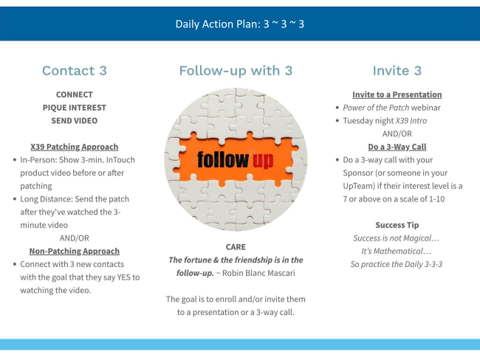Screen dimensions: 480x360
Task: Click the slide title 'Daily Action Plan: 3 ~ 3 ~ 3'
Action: tap(240, 24)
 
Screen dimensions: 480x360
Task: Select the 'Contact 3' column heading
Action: tap(75, 71)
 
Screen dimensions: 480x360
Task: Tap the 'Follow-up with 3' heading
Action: tap(236, 71)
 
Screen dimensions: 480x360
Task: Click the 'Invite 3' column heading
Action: tap(397, 71)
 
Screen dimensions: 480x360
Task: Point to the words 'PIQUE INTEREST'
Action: tap(75, 108)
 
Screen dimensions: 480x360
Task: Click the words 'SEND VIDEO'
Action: tap(75, 121)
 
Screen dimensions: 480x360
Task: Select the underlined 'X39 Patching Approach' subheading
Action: tap(75, 147)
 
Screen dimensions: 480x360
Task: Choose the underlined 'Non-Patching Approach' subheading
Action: tap(75, 251)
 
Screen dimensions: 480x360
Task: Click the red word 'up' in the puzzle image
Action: tap(263, 161)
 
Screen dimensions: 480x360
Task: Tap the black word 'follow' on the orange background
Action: tap(223, 159)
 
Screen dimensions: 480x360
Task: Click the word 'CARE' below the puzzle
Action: tap(236, 247)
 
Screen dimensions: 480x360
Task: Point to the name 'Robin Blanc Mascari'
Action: tap(258, 273)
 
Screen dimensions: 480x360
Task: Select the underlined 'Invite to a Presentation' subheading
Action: tap(397, 94)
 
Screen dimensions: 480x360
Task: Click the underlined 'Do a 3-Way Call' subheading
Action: tap(397, 147)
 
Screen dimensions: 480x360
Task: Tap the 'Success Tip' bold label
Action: tap(397, 225)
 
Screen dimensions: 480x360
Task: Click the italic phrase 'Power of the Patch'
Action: tap(376, 108)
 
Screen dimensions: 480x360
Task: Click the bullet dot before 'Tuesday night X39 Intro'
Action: tap(337, 121)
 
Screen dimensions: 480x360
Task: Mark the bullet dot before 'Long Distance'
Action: tap(15, 199)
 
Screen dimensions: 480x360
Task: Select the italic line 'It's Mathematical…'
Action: tap(397, 251)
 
